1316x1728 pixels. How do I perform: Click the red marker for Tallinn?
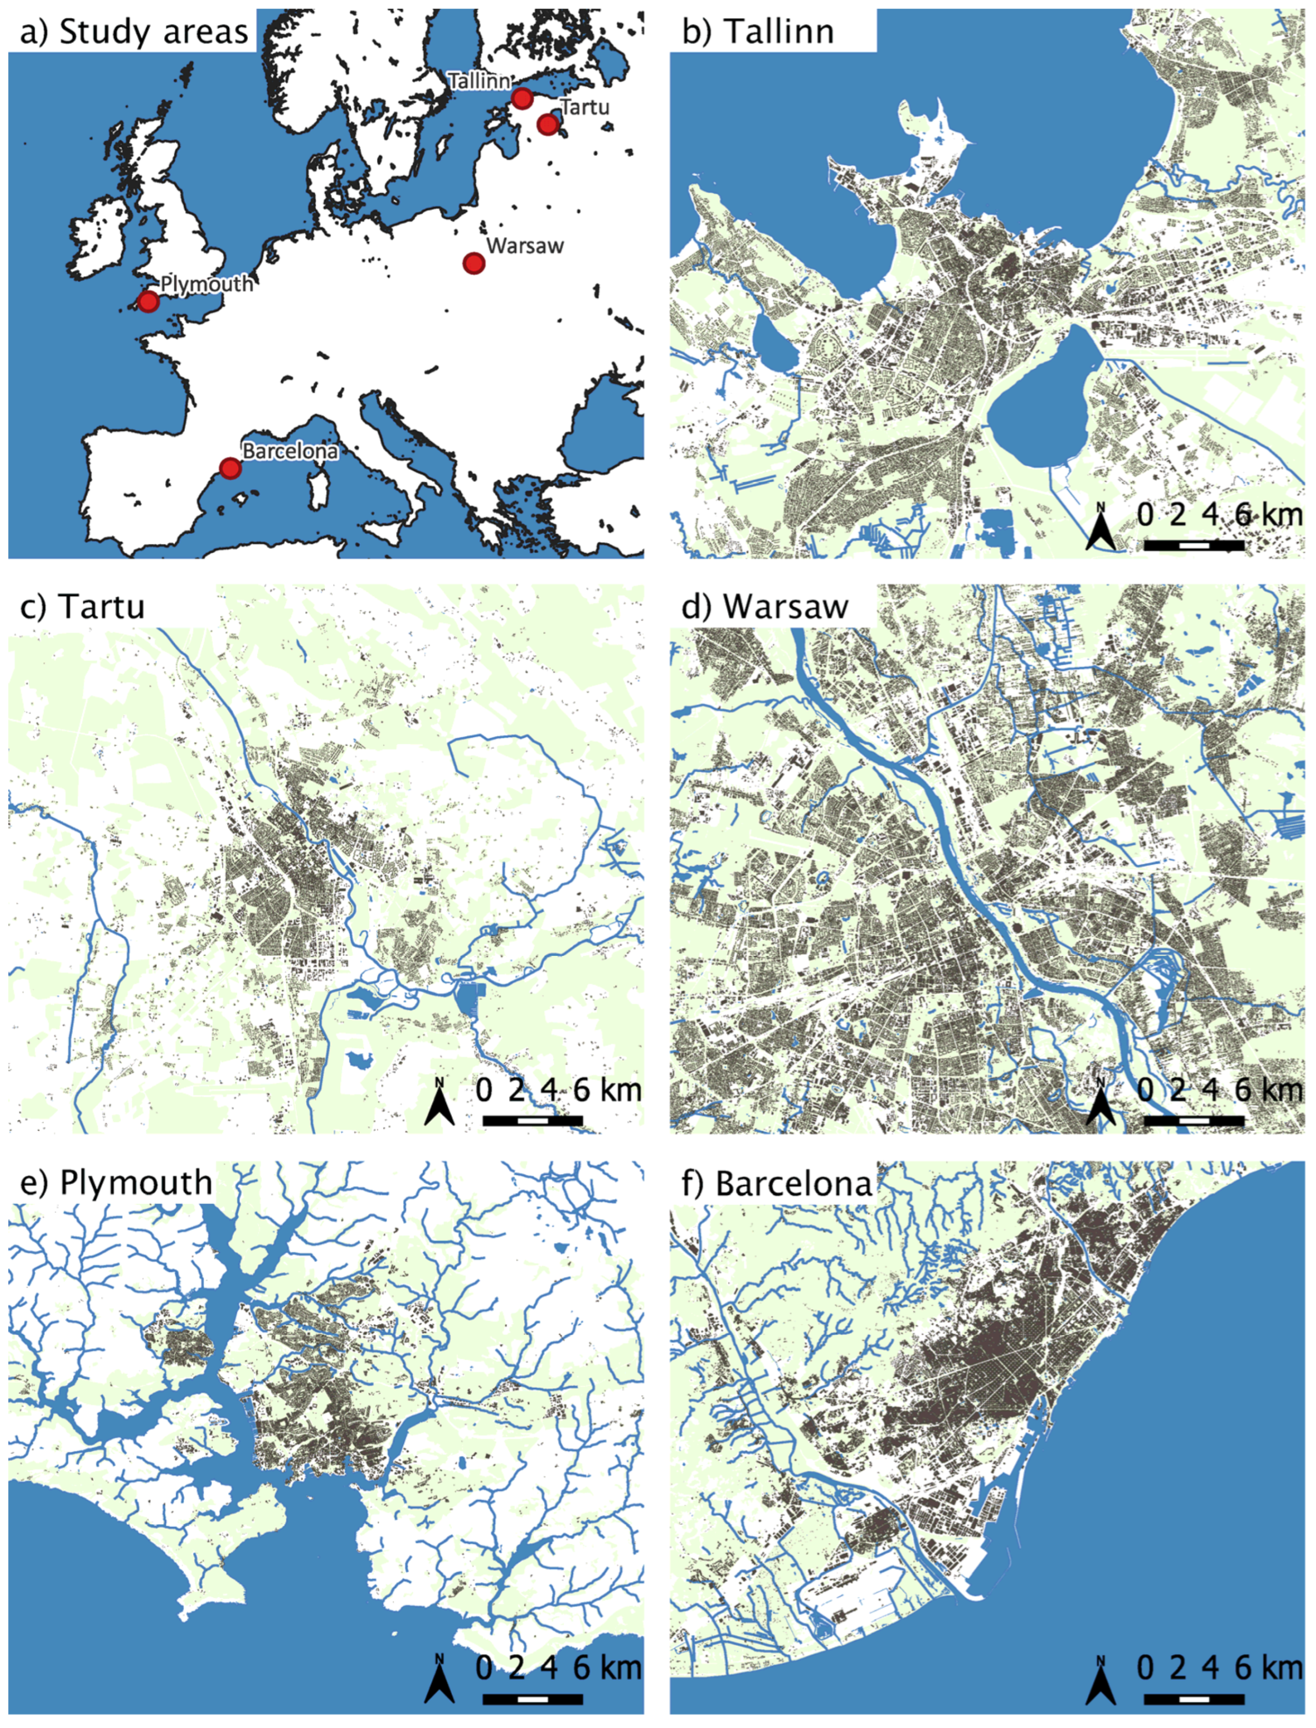tap(522, 98)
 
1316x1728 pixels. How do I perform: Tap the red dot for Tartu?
tap(548, 124)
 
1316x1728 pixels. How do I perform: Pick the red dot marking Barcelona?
tap(229, 467)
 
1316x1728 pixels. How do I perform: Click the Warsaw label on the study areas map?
tap(525, 245)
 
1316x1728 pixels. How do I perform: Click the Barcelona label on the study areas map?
tap(290, 451)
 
